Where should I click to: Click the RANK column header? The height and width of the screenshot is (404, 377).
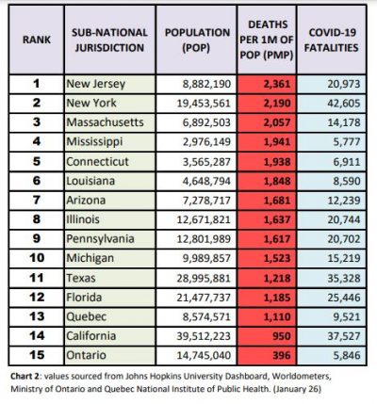click(37, 40)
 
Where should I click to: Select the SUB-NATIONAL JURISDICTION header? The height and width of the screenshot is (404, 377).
click(109, 40)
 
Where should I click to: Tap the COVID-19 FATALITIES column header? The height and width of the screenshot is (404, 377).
click(332, 40)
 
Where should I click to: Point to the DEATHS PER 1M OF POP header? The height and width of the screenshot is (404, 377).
click(267, 40)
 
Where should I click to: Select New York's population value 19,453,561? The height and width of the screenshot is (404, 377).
click(204, 104)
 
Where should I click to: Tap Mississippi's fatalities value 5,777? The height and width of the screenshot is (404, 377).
click(347, 141)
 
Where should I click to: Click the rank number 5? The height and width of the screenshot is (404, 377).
click(37, 161)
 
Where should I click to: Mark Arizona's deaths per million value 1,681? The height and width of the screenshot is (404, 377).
click(277, 200)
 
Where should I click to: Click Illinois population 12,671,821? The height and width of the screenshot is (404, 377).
click(204, 219)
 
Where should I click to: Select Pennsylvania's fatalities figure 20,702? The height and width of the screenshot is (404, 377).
click(344, 239)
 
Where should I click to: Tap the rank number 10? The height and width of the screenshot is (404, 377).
click(37, 258)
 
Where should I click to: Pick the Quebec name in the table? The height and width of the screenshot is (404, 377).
click(87, 316)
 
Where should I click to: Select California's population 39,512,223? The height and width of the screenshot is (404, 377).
click(204, 336)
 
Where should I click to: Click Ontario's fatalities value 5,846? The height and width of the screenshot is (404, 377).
click(347, 355)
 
